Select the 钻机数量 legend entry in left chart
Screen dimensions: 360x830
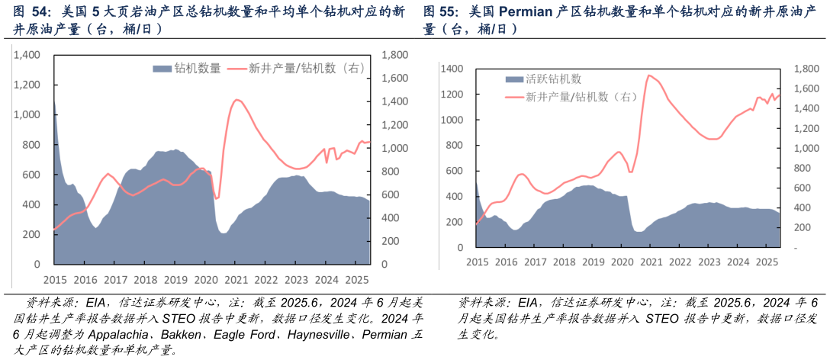(187, 68)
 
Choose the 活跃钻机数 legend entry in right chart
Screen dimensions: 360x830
(543, 79)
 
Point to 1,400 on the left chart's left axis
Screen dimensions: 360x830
(27, 55)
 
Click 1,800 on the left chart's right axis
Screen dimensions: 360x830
(394, 55)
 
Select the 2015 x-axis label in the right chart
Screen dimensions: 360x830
(477, 262)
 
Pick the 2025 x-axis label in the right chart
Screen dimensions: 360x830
(766, 262)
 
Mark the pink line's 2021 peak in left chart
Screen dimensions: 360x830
(236, 99)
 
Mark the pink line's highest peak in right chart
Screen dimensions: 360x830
(648, 75)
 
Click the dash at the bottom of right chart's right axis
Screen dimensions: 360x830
(796, 248)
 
